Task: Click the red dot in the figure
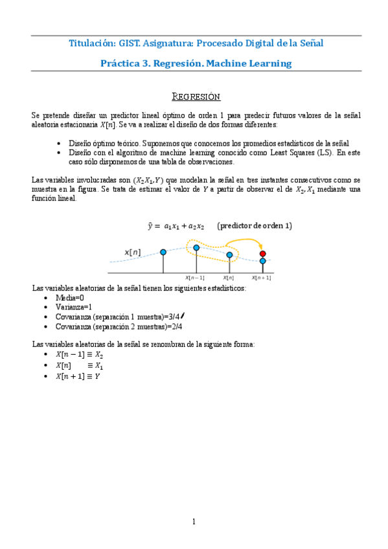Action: [262, 253]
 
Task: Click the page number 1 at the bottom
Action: [193, 522]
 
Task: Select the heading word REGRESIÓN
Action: [196, 97]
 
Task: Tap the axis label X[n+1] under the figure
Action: [262, 277]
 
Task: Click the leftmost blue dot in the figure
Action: [163, 252]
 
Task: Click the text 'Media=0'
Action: [71, 297]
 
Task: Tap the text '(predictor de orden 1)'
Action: [255, 226]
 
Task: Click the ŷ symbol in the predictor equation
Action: [150, 226]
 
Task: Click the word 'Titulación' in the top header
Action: [91, 43]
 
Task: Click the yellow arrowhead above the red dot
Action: [261, 245]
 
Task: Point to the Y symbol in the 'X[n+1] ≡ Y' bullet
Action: [97, 375]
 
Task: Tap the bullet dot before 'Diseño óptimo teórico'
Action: [60, 143]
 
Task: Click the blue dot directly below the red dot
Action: [262, 261]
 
